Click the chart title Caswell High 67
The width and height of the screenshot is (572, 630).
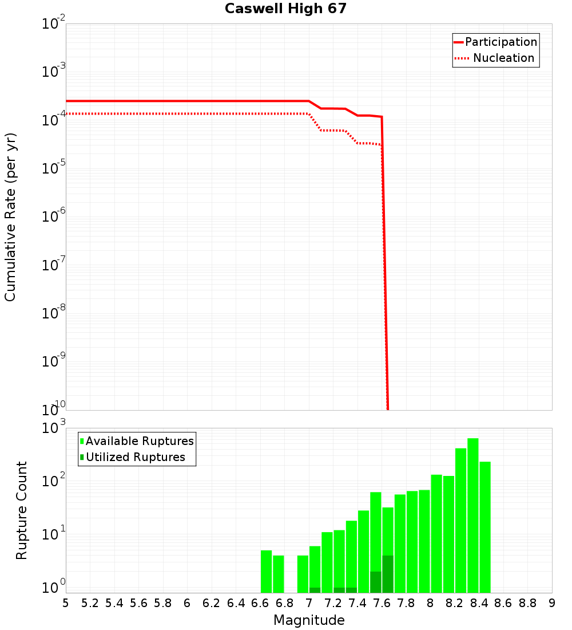(285, 9)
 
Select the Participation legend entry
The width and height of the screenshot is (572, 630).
(500, 42)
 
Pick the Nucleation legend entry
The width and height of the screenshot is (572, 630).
(503, 58)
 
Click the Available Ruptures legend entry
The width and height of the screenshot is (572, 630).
(139, 441)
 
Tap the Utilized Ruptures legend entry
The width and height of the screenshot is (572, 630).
(135, 457)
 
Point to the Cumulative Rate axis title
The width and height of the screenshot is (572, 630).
(10, 217)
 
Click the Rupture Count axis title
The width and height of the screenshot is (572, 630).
(22, 510)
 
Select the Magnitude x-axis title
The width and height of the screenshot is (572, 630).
(309, 620)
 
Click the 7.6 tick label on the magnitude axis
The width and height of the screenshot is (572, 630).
(382, 603)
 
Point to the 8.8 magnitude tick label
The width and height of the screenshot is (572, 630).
(527, 603)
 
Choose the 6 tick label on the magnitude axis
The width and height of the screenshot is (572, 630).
(187, 603)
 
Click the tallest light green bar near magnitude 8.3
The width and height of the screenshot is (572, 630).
(473, 515)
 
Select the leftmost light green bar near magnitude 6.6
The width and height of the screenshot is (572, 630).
(266, 572)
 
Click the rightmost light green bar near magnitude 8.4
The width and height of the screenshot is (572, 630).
(485, 527)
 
